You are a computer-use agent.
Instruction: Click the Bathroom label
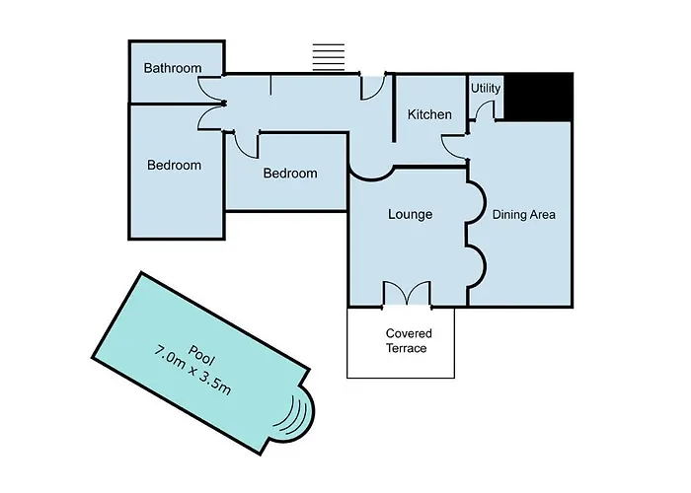[173, 68]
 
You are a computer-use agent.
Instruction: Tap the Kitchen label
[429, 114]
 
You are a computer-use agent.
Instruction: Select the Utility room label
[486, 89]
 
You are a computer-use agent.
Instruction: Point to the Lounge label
[411, 214]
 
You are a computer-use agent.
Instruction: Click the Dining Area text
[524, 215]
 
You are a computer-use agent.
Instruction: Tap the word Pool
[201, 355]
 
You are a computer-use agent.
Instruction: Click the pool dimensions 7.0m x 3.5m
[192, 371]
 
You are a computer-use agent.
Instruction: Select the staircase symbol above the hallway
[329, 57]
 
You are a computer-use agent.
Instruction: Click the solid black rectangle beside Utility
[538, 97]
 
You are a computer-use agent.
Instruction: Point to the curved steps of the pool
[293, 416]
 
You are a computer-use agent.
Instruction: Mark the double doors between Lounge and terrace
[407, 293]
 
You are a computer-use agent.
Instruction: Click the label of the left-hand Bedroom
[175, 165]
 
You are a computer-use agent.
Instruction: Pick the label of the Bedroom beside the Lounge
[290, 173]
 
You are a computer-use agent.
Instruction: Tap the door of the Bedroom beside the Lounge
[246, 144]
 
